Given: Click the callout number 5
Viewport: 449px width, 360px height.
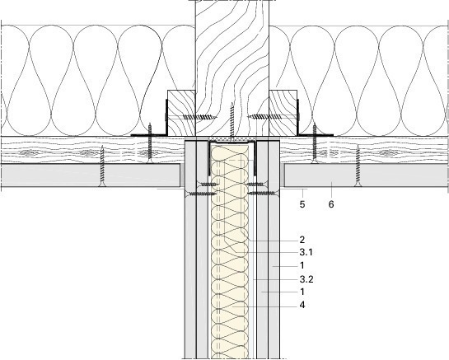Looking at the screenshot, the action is point(302,204).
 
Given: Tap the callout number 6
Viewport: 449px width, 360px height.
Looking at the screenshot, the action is point(331,204).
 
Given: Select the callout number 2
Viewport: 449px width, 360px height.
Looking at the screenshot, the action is point(302,240).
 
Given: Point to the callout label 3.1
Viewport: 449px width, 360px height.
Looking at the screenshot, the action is point(306,252).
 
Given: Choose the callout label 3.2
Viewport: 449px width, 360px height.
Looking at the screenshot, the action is point(306,279).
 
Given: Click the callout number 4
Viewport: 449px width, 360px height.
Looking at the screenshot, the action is point(302,305).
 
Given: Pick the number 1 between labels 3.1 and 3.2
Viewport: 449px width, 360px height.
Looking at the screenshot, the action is point(302,265).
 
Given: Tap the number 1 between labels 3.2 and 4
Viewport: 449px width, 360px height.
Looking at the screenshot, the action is point(302,292).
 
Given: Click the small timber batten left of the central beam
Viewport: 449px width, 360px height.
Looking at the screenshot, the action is point(181,113).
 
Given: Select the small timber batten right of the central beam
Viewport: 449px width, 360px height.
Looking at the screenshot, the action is point(283,113).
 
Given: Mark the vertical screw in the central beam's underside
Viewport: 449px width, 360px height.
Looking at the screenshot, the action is point(232,121).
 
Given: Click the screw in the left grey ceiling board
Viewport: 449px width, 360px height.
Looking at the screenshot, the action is point(102,166).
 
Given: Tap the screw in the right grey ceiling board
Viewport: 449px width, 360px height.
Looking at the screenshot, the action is point(358,166).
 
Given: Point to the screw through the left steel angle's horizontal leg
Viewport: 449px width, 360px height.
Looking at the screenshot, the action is point(149,143).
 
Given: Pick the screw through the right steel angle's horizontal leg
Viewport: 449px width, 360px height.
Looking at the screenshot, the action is point(315,143).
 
